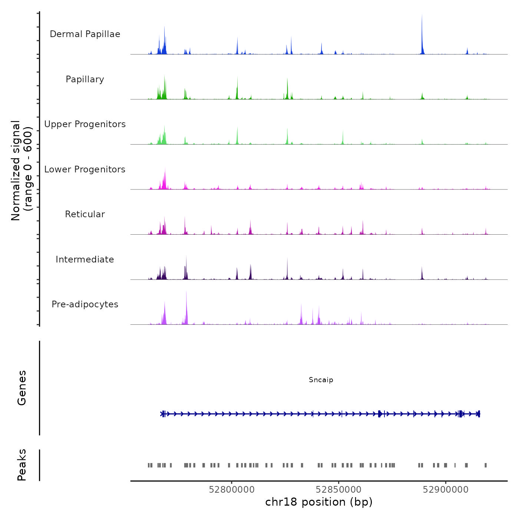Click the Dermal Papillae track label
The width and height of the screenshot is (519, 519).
point(85,34)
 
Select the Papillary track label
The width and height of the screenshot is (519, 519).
point(85,79)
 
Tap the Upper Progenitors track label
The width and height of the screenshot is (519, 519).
point(85,124)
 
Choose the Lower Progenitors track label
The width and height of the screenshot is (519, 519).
point(85,169)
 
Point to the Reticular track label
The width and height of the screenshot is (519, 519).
point(85,214)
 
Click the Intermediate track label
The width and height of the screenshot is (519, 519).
point(85,259)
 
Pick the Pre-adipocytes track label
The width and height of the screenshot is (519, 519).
point(85,304)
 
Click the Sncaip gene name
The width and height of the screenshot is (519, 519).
point(321,380)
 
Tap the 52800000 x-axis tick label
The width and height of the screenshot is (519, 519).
point(232,490)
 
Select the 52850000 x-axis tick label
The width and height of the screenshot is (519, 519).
point(338,490)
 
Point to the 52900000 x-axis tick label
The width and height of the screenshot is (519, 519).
point(446,490)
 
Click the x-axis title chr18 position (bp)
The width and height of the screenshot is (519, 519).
point(319,502)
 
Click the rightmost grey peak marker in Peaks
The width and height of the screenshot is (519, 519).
point(486,465)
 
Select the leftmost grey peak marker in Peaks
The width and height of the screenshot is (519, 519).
point(149,465)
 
